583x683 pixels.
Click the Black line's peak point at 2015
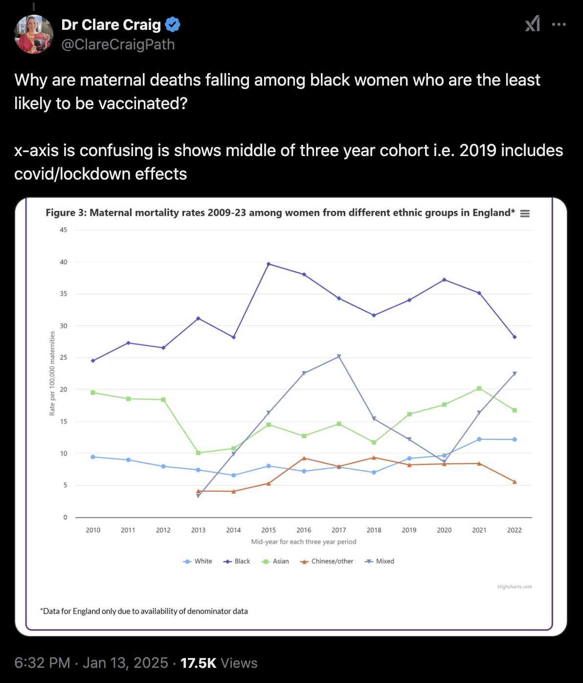click(269, 264)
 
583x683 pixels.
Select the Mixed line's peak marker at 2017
click(339, 357)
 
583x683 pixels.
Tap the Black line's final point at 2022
click(515, 337)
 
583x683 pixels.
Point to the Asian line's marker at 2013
click(198, 453)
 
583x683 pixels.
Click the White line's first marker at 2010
click(93, 457)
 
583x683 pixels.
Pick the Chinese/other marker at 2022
click(515, 482)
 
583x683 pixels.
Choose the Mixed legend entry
click(380, 561)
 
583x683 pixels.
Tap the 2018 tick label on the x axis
click(374, 530)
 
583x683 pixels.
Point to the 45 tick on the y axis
click(64, 230)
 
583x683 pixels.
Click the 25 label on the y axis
click(64, 358)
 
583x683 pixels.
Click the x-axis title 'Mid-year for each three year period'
click(304, 542)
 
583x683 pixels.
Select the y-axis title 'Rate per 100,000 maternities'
click(52, 373)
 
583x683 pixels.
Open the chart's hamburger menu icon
click(525, 213)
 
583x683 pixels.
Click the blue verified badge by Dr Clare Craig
click(172, 24)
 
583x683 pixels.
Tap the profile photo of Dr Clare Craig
click(34, 34)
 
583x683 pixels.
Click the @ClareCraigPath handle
click(118, 45)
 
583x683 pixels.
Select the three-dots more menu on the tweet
click(559, 24)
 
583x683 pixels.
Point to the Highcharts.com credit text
click(515, 587)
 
